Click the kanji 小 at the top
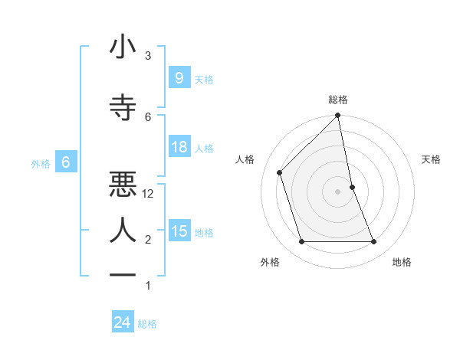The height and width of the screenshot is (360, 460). (122, 47)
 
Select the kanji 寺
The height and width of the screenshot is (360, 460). (122, 107)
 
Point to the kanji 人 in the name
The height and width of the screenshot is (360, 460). (122, 230)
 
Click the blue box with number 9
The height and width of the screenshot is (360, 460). (179, 78)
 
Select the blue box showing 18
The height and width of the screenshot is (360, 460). (179, 147)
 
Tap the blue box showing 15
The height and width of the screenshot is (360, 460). (179, 231)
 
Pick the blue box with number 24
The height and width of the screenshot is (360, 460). (122, 323)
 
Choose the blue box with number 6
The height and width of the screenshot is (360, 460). (66, 162)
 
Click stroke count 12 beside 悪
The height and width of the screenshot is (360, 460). (149, 194)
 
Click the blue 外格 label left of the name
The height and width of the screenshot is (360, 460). (41, 163)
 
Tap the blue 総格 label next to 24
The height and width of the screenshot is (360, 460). (148, 324)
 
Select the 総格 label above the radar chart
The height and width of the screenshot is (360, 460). (337, 100)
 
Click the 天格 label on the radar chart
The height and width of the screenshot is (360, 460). (432, 159)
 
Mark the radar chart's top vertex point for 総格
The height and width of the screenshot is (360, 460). (337, 116)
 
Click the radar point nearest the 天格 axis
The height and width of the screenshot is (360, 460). (352, 186)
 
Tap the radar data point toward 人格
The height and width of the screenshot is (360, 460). (279, 172)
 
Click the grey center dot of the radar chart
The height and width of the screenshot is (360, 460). (337, 191)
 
